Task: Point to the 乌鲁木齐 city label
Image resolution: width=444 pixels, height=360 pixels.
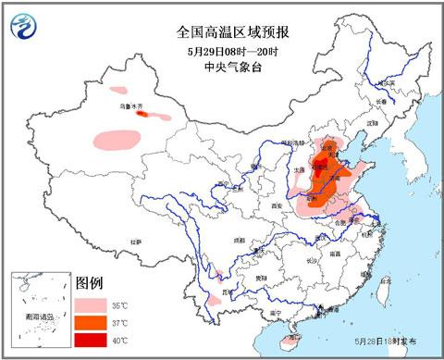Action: pos(133,108)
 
